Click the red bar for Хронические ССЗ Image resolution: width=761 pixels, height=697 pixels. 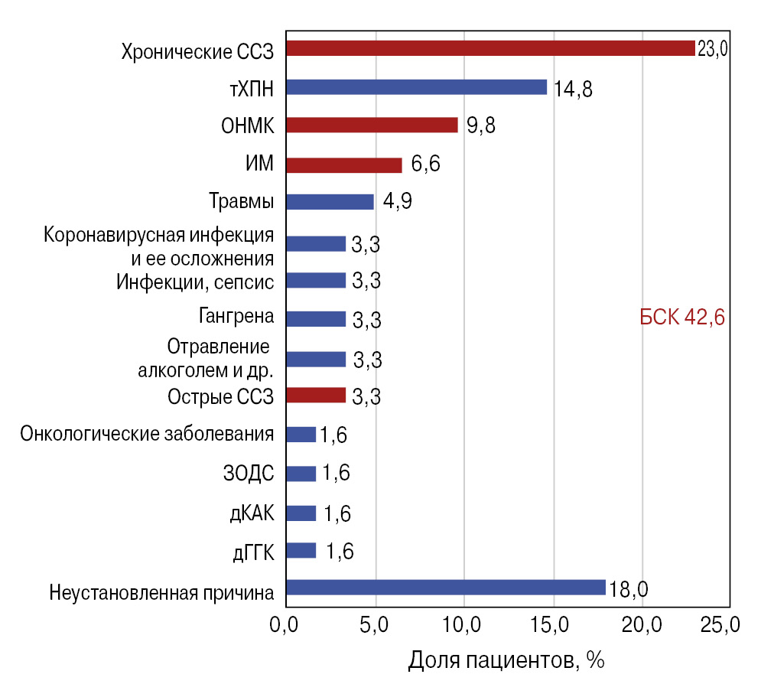coord(489,48)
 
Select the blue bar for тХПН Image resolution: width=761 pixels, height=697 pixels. coord(416,87)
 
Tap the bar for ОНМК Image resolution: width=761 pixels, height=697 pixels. coord(372,125)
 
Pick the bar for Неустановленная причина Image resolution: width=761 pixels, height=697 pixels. coord(445,588)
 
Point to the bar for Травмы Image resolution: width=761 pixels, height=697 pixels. coord(330,202)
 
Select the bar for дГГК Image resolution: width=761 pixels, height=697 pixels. coord(301,550)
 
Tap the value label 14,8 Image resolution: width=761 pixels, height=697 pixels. coord(574,89)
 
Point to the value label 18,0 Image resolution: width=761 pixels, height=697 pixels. coord(629,589)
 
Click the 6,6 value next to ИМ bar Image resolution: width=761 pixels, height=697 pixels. coord(425,164)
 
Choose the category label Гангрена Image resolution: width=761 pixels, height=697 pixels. coord(236,317)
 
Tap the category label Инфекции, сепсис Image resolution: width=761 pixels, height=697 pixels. coord(196,281)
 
